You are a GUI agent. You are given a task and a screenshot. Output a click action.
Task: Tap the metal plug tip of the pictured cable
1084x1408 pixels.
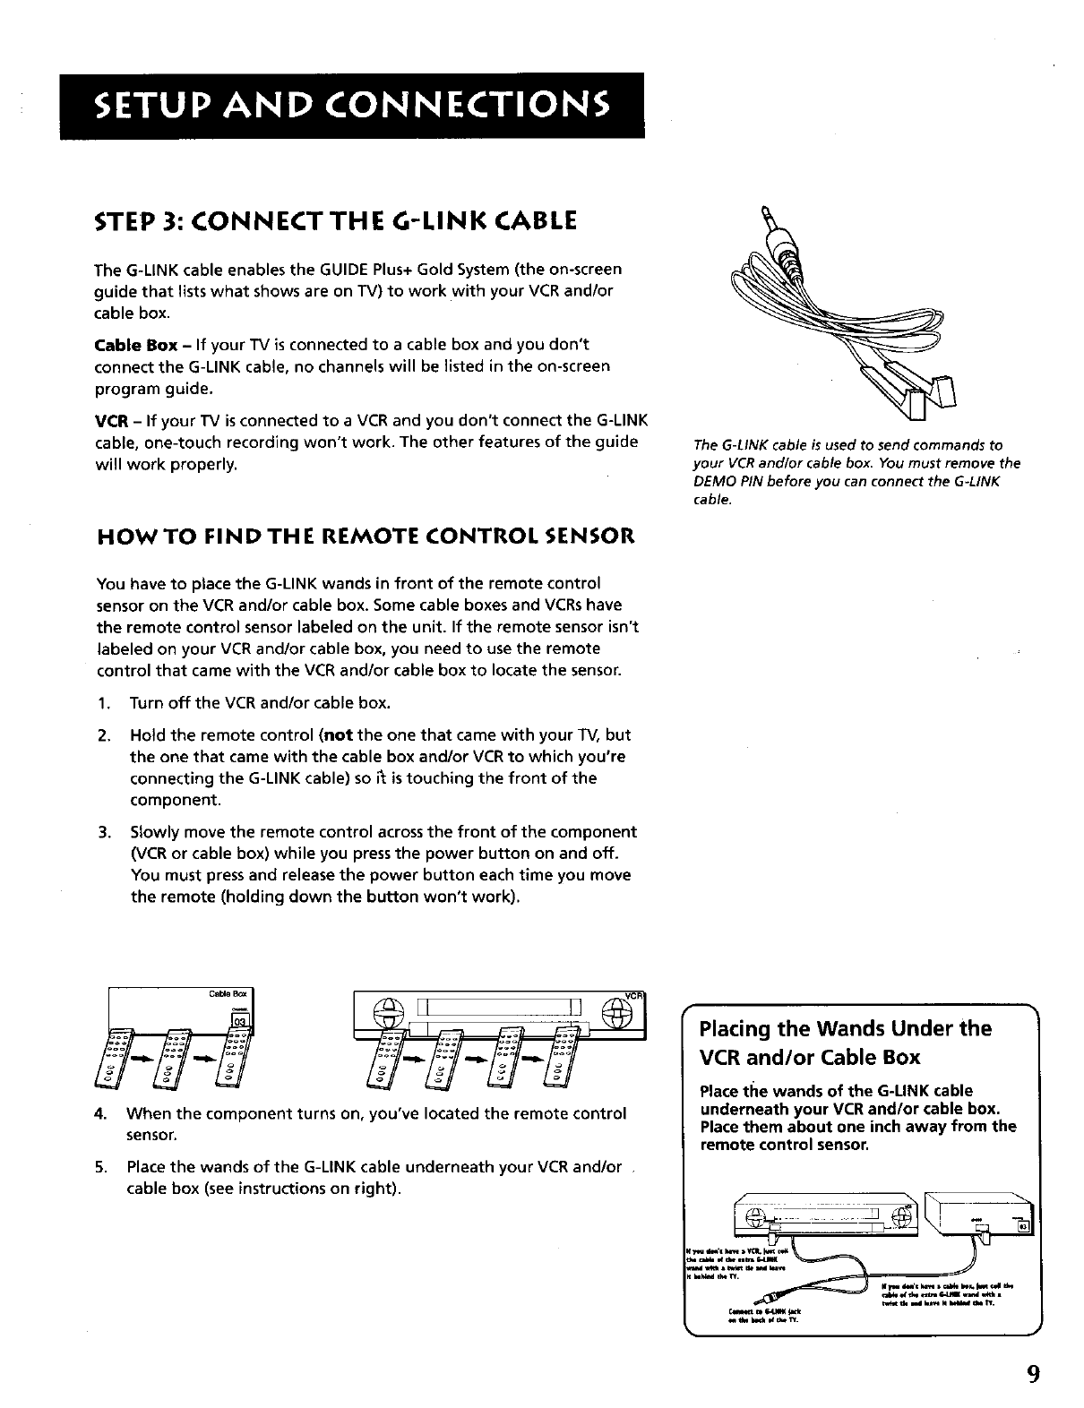point(764,216)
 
